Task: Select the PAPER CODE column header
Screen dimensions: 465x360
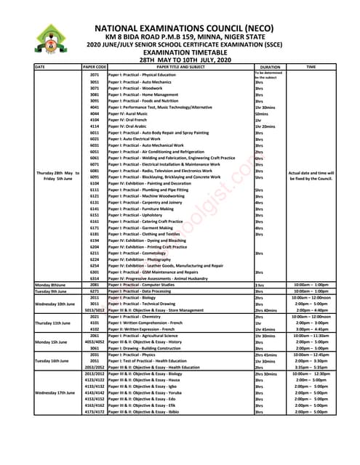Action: point(95,67)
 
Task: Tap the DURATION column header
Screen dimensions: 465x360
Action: point(270,67)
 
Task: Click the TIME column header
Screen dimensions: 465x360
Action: point(311,67)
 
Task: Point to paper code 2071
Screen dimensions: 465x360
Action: point(95,75)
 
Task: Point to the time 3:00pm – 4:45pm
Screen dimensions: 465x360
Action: point(311,329)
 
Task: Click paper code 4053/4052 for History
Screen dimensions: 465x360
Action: point(95,341)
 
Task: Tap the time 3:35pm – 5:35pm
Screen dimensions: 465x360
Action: point(311,367)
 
